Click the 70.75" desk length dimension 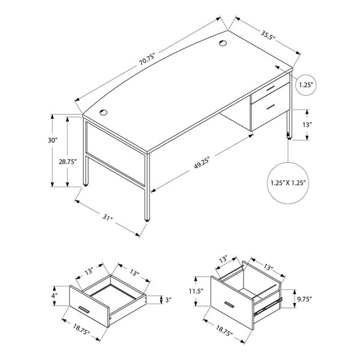(x=146, y=58)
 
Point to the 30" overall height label (x=53, y=140)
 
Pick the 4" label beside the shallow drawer (x=54, y=295)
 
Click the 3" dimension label (x=170, y=299)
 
